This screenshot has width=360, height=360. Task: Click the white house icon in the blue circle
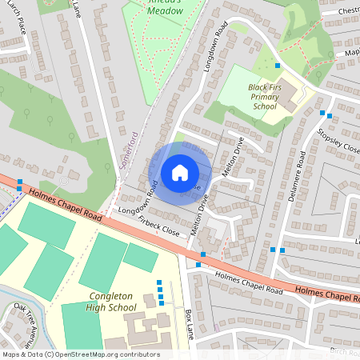point(180,172)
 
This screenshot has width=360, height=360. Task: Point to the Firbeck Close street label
point(158,223)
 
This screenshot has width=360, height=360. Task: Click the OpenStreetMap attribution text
point(80,354)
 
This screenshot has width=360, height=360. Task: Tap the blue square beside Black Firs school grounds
point(278,64)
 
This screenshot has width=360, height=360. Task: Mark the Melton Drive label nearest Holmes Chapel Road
point(198,216)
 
